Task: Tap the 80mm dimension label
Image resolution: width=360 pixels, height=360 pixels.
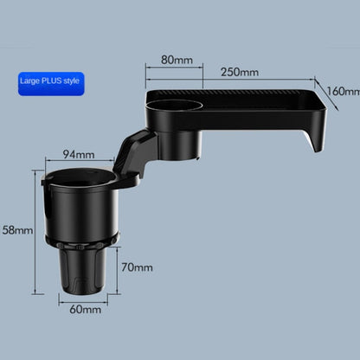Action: point(177,61)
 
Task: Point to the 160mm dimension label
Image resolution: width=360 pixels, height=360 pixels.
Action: point(343,91)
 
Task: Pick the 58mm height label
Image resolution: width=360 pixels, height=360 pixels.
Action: point(16,230)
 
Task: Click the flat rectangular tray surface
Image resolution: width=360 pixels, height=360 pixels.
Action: point(251,100)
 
